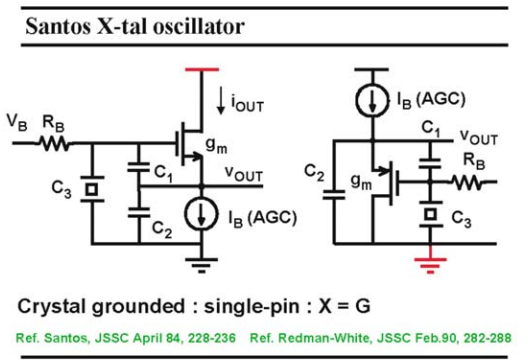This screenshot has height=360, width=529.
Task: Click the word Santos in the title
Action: (58, 26)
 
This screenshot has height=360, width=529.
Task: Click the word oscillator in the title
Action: (199, 26)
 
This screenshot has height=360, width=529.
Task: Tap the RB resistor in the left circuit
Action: (54, 143)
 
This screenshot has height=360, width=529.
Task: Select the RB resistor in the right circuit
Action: (467, 182)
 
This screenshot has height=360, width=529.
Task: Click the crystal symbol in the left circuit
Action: (92, 189)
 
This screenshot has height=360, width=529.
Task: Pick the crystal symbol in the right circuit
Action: (430, 214)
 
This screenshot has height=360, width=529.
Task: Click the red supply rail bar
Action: (202, 70)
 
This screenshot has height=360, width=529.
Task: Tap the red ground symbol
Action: (430, 265)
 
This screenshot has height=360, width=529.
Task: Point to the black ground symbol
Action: (201, 266)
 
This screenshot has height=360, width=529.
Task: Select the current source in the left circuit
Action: (201, 214)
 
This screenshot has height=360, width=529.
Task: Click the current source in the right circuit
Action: (372, 100)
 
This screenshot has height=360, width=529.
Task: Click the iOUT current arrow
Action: (221, 100)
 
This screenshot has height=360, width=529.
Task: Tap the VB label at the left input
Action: (17, 122)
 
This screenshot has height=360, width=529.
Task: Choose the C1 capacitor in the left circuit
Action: (138, 167)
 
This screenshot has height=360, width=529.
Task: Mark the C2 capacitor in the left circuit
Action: (139, 213)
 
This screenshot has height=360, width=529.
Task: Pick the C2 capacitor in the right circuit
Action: (334, 195)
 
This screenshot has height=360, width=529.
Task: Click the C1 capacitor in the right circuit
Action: (430, 163)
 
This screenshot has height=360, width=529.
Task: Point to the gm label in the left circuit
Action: (217, 145)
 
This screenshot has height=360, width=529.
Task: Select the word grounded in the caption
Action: (138, 306)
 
